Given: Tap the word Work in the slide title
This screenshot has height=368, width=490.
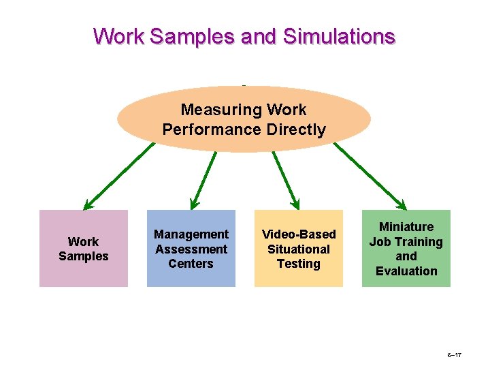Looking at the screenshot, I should pyautogui.click(x=118, y=35).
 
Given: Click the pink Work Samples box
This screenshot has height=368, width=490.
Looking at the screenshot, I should pyautogui.click(x=83, y=248).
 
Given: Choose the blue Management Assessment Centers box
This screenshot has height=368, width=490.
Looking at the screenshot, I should pyautogui.click(x=191, y=248).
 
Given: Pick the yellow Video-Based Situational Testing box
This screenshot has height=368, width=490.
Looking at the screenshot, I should pyautogui.click(x=298, y=248).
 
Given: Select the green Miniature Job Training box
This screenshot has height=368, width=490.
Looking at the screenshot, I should pyautogui.click(x=406, y=248).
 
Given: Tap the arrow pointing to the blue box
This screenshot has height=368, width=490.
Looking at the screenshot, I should pyautogui.click(x=204, y=179).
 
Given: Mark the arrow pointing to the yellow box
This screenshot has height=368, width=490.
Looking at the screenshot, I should pyautogui.click(x=286, y=179).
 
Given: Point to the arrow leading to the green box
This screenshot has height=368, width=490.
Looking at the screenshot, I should pyautogui.click(x=371, y=174).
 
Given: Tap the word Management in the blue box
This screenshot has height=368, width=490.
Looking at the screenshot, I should pyautogui.click(x=191, y=234).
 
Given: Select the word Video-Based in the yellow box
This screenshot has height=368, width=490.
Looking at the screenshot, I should pyautogui.click(x=299, y=234).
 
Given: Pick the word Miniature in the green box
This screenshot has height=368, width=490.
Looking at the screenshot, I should pyautogui.click(x=406, y=227).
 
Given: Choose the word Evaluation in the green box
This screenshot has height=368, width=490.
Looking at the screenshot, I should pyautogui.click(x=406, y=271).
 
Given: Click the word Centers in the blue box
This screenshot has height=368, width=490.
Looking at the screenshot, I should pyautogui.click(x=191, y=264).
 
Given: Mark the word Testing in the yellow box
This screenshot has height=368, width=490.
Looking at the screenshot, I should pyautogui.click(x=298, y=264).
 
